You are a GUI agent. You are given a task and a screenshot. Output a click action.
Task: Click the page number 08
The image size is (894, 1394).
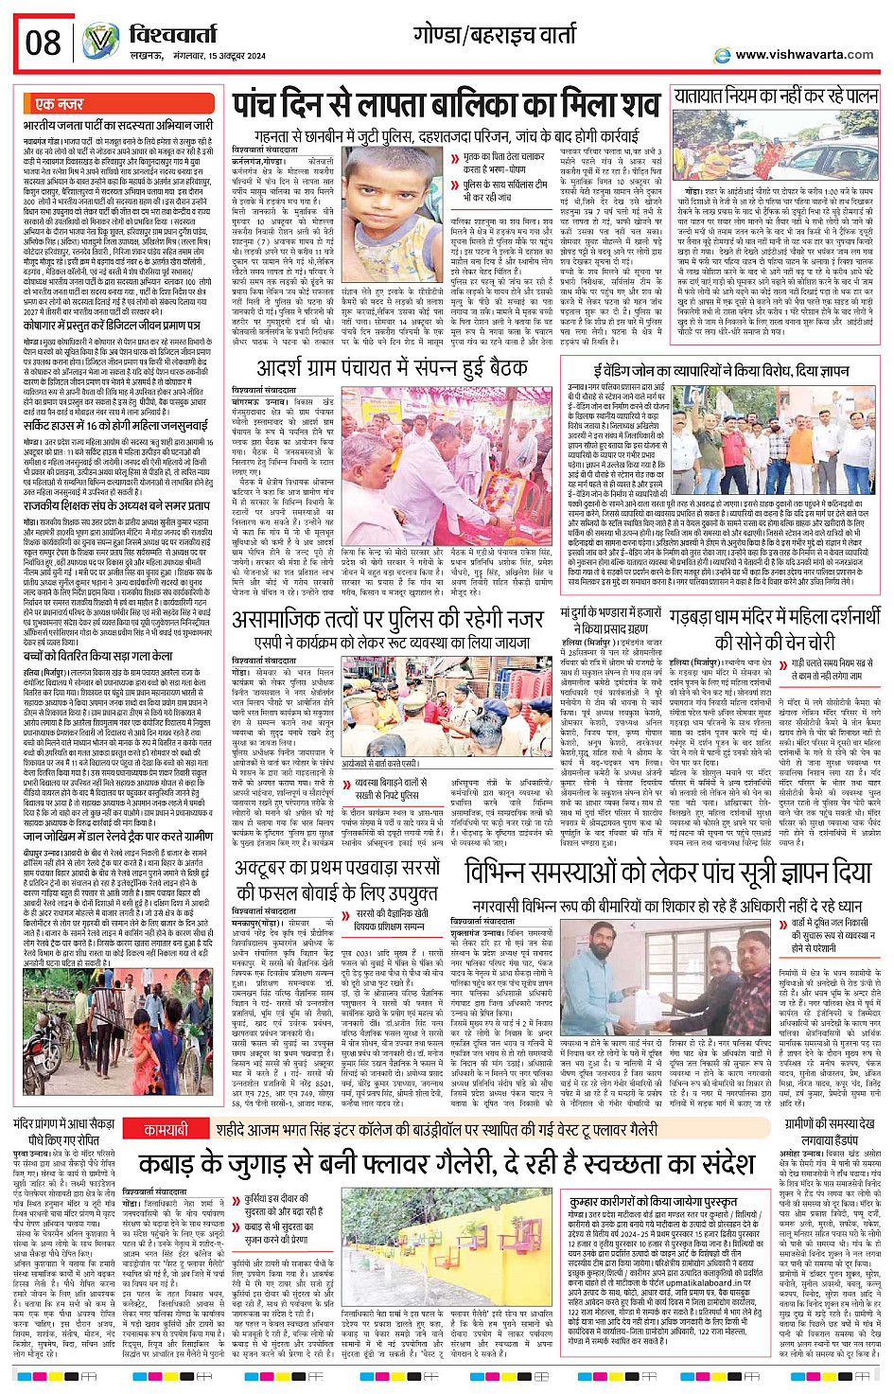point(43,43)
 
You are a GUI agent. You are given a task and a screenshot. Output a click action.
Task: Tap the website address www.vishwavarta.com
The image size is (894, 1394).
point(803,55)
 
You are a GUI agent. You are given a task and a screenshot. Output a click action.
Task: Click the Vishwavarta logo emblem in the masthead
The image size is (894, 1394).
point(99,41)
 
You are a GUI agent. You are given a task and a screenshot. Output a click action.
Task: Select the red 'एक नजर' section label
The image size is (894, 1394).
point(59,103)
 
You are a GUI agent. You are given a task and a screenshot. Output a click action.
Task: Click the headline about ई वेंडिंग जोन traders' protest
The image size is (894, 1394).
point(721,370)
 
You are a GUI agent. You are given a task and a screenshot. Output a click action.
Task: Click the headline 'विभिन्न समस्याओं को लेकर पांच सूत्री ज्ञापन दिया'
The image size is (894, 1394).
point(667,872)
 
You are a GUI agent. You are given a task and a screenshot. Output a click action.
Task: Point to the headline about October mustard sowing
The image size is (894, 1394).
point(339,886)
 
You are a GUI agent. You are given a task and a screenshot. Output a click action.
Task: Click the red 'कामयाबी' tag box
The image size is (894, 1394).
point(167,1130)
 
